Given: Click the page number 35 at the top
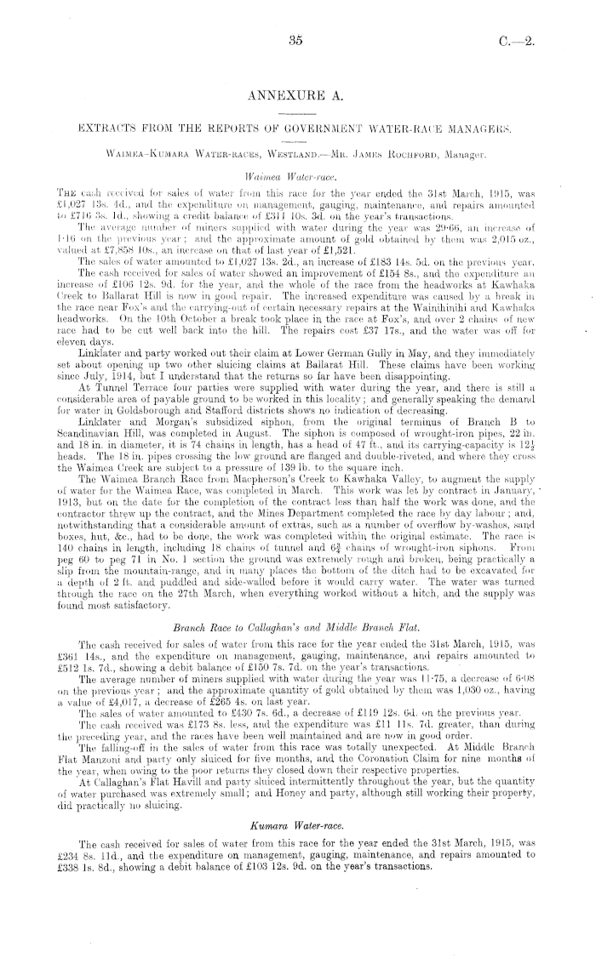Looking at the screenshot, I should (296, 39).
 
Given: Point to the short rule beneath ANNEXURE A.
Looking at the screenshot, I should (297, 112).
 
